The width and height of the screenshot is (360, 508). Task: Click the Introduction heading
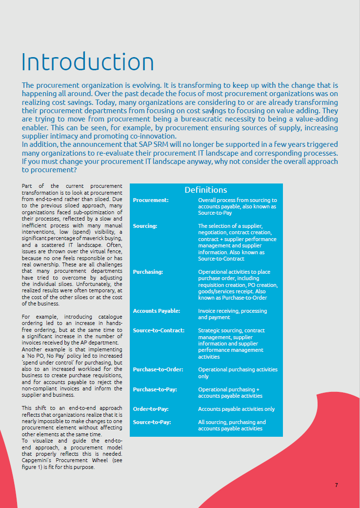[88, 62]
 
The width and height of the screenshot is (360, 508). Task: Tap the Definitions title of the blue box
[206, 190]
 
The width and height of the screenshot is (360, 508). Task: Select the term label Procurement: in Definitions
[151, 200]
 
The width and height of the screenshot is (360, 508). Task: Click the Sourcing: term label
[145, 226]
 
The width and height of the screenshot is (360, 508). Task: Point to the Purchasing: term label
[148, 272]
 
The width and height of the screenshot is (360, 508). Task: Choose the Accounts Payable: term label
[157, 311]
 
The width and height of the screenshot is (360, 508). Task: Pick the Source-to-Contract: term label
[159, 330]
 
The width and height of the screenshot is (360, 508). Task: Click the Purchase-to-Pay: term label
[155, 389]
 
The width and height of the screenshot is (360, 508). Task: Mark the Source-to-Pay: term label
[152, 422]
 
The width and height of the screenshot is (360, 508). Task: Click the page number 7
[336, 485]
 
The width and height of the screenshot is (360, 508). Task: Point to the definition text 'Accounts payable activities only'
[236, 409]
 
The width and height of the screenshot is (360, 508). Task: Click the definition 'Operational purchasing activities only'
[238, 373]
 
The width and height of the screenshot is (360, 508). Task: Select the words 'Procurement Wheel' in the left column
[79, 460]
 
